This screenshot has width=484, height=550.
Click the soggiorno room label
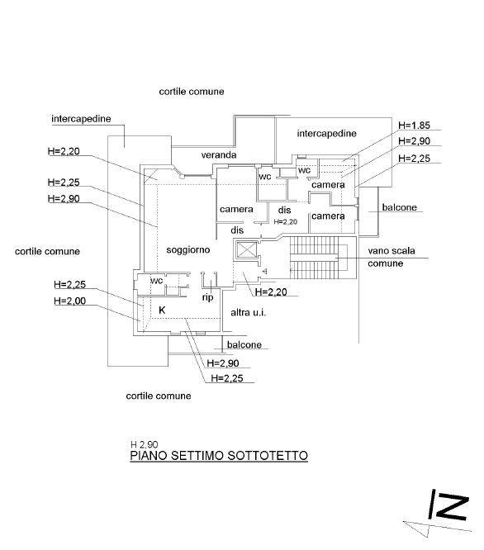point(188,250)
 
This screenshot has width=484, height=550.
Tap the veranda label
point(219,154)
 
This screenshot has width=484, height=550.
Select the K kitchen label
point(162,310)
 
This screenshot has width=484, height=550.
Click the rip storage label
point(207,298)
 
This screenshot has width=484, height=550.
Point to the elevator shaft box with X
point(247,250)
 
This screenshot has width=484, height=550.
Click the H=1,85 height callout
point(414,126)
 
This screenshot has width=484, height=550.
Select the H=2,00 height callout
point(70,301)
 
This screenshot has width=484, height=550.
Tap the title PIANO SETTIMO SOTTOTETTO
point(219,456)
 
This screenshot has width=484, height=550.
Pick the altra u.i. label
point(249,312)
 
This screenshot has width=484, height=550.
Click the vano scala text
point(391,251)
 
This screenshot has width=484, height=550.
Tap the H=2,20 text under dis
point(286,221)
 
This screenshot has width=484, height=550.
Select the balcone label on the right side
point(400,207)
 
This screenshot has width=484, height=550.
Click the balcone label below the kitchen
point(244,345)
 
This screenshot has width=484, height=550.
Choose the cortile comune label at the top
point(192,92)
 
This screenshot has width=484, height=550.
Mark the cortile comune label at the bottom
point(159,396)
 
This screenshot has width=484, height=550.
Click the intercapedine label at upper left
point(81,119)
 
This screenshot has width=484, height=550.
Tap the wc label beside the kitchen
point(156,281)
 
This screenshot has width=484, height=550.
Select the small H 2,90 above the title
point(145,445)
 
